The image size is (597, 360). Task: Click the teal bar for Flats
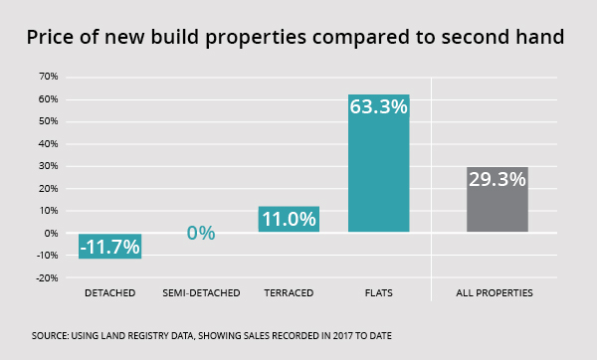(x=378, y=164)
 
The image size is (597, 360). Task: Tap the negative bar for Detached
(x=109, y=246)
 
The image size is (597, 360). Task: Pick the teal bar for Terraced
(x=289, y=220)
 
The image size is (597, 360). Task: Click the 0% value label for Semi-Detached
(x=200, y=234)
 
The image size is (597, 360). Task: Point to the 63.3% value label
(x=378, y=106)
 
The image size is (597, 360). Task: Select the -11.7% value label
(x=109, y=247)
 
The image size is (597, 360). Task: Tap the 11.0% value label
(x=289, y=219)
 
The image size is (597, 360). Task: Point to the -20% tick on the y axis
(x=45, y=278)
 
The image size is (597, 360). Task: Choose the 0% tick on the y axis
(x=50, y=234)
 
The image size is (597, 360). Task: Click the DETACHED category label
(x=109, y=294)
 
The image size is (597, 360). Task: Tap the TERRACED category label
(x=289, y=294)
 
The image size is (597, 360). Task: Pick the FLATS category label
(x=378, y=294)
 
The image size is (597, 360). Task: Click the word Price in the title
(x=55, y=38)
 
